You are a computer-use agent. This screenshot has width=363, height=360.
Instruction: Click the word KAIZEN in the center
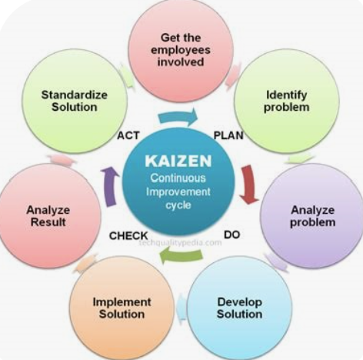[178, 161]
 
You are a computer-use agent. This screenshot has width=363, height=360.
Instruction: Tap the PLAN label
[228, 135]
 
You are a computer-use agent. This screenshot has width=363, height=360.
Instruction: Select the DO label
[232, 235]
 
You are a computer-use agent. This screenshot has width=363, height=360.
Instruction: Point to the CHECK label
[128, 235]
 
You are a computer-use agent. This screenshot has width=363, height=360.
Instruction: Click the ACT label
[128, 135]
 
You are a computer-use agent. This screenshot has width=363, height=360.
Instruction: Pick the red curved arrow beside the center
[249, 184]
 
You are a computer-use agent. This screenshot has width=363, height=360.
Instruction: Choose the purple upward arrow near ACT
[110, 187]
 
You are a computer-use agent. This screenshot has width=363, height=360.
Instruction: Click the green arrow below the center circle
[181, 256]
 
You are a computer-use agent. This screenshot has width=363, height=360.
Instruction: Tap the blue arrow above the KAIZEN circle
[178, 118]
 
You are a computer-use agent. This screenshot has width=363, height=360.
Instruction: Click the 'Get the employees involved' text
[181, 50]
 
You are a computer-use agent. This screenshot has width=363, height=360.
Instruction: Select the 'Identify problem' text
[286, 101]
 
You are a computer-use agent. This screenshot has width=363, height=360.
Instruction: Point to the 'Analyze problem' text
[313, 216]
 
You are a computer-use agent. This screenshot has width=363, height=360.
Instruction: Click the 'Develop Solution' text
[239, 308]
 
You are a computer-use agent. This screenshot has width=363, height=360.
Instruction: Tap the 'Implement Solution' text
[122, 308]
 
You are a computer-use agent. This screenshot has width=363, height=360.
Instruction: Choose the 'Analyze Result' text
[48, 216]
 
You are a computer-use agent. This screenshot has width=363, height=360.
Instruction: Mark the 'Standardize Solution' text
[75, 101]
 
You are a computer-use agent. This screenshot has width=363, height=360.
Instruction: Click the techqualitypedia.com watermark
[180, 242]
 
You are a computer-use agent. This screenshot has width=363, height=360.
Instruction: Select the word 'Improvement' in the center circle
[178, 192]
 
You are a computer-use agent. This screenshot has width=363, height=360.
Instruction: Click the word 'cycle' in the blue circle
[178, 205]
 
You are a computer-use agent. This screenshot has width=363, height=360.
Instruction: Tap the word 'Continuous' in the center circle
[178, 178]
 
